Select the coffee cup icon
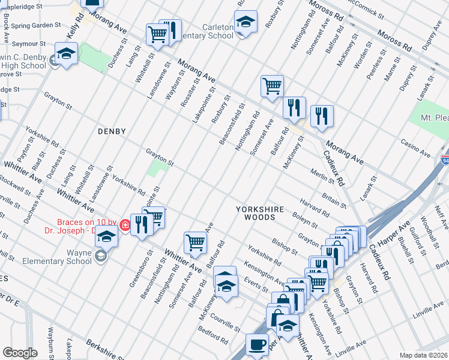[x=258, y=345]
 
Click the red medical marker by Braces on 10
[x=125, y=226]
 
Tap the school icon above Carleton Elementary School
[x=246, y=22]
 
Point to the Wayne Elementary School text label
[x=57, y=262]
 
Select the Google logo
[x=20, y=353]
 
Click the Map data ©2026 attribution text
[x=424, y=355]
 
